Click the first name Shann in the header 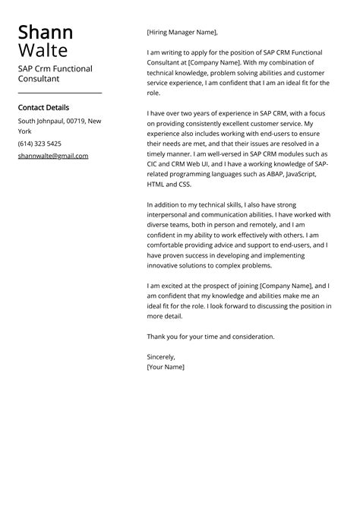point(46,33)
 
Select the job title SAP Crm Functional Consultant point(55,74)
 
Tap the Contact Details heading point(43,108)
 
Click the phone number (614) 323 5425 point(39,144)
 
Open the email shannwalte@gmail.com point(53,156)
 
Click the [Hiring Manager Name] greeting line point(182,33)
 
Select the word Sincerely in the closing point(160,356)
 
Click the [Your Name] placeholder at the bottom point(165,366)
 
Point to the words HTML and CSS point(169,184)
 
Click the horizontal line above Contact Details point(59,93)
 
